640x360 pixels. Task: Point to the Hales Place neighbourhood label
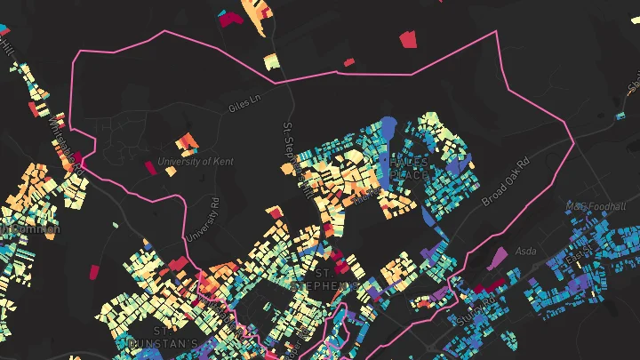coord(408,167)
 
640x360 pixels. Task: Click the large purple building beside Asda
coord(496,259)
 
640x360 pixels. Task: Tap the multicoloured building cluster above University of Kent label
coord(187,141)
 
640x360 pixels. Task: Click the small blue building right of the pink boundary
coord(620,115)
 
